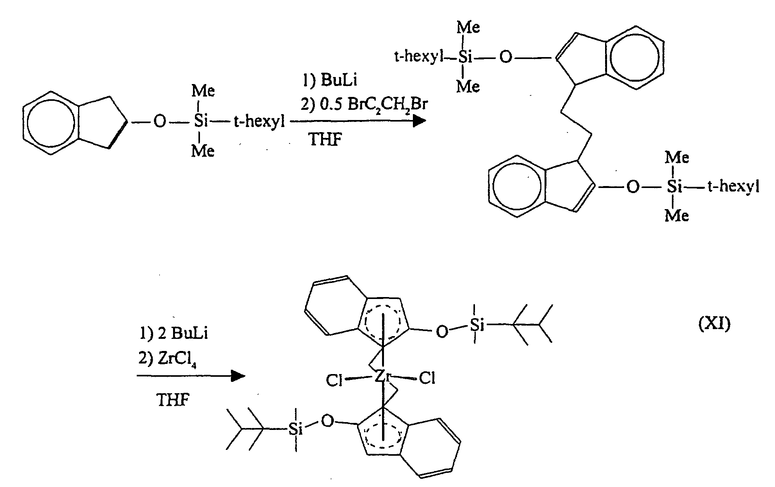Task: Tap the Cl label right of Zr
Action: pyautogui.click(x=427, y=378)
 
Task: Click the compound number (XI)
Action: pyautogui.click(x=714, y=324)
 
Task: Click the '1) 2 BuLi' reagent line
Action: pyautogui.click(x=174, y=333)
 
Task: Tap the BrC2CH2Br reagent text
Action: pyautogui.click(x=387, y=104)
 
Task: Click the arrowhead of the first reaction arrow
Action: pyautogui.click(x=420, y=122)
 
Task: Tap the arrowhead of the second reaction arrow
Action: pyautogui.click(x=238, y=376)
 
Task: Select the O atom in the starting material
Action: pyautogui.click(x=159, y=122)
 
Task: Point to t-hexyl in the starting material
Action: pyautogui.click(x=259, y=122)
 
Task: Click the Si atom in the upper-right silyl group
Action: pyautogui.click(x=465, y=57)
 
